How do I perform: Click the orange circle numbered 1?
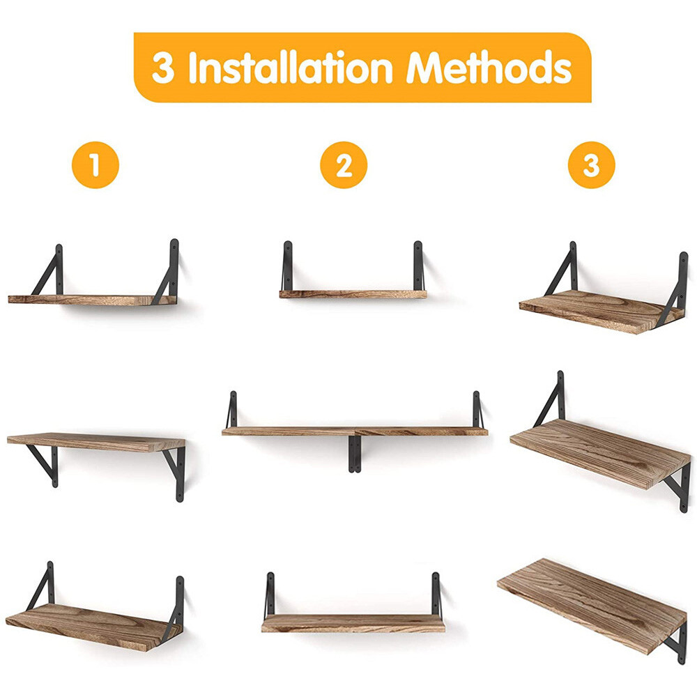95,165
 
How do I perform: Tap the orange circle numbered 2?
344,165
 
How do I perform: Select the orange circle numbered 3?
591,165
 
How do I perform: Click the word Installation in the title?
291,68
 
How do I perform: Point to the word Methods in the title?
489,68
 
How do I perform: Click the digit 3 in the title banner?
162,68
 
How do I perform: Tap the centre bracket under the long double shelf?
354,454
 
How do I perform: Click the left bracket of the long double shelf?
231,410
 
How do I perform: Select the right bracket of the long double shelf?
477,410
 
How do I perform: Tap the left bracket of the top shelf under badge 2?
287,266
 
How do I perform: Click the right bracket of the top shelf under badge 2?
418,266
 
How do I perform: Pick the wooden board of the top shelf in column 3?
601,311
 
